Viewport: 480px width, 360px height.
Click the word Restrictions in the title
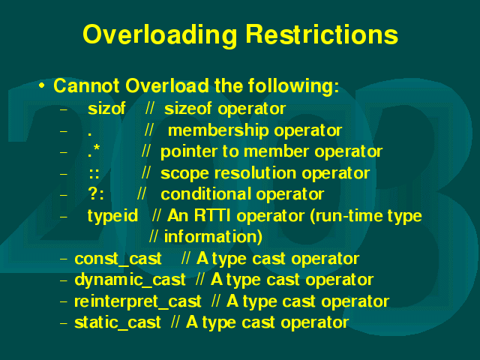pos(322,34)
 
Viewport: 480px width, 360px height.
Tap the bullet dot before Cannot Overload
pos(42,85)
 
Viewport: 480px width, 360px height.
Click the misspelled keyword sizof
pos(106,108)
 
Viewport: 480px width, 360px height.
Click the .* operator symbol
pos(94,151)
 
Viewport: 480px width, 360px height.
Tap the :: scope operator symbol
pos(94,174)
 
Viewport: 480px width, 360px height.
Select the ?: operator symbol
pos(96,193)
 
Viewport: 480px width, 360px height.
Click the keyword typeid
pos(112,216)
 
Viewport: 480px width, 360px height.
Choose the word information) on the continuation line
pos(213,237)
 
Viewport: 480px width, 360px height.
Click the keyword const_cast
pos(118,259)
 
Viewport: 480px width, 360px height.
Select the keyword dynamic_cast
pos(130,280)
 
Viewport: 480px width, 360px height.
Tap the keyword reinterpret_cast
pos(138,301)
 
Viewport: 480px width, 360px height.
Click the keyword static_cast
pos(118,322)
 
